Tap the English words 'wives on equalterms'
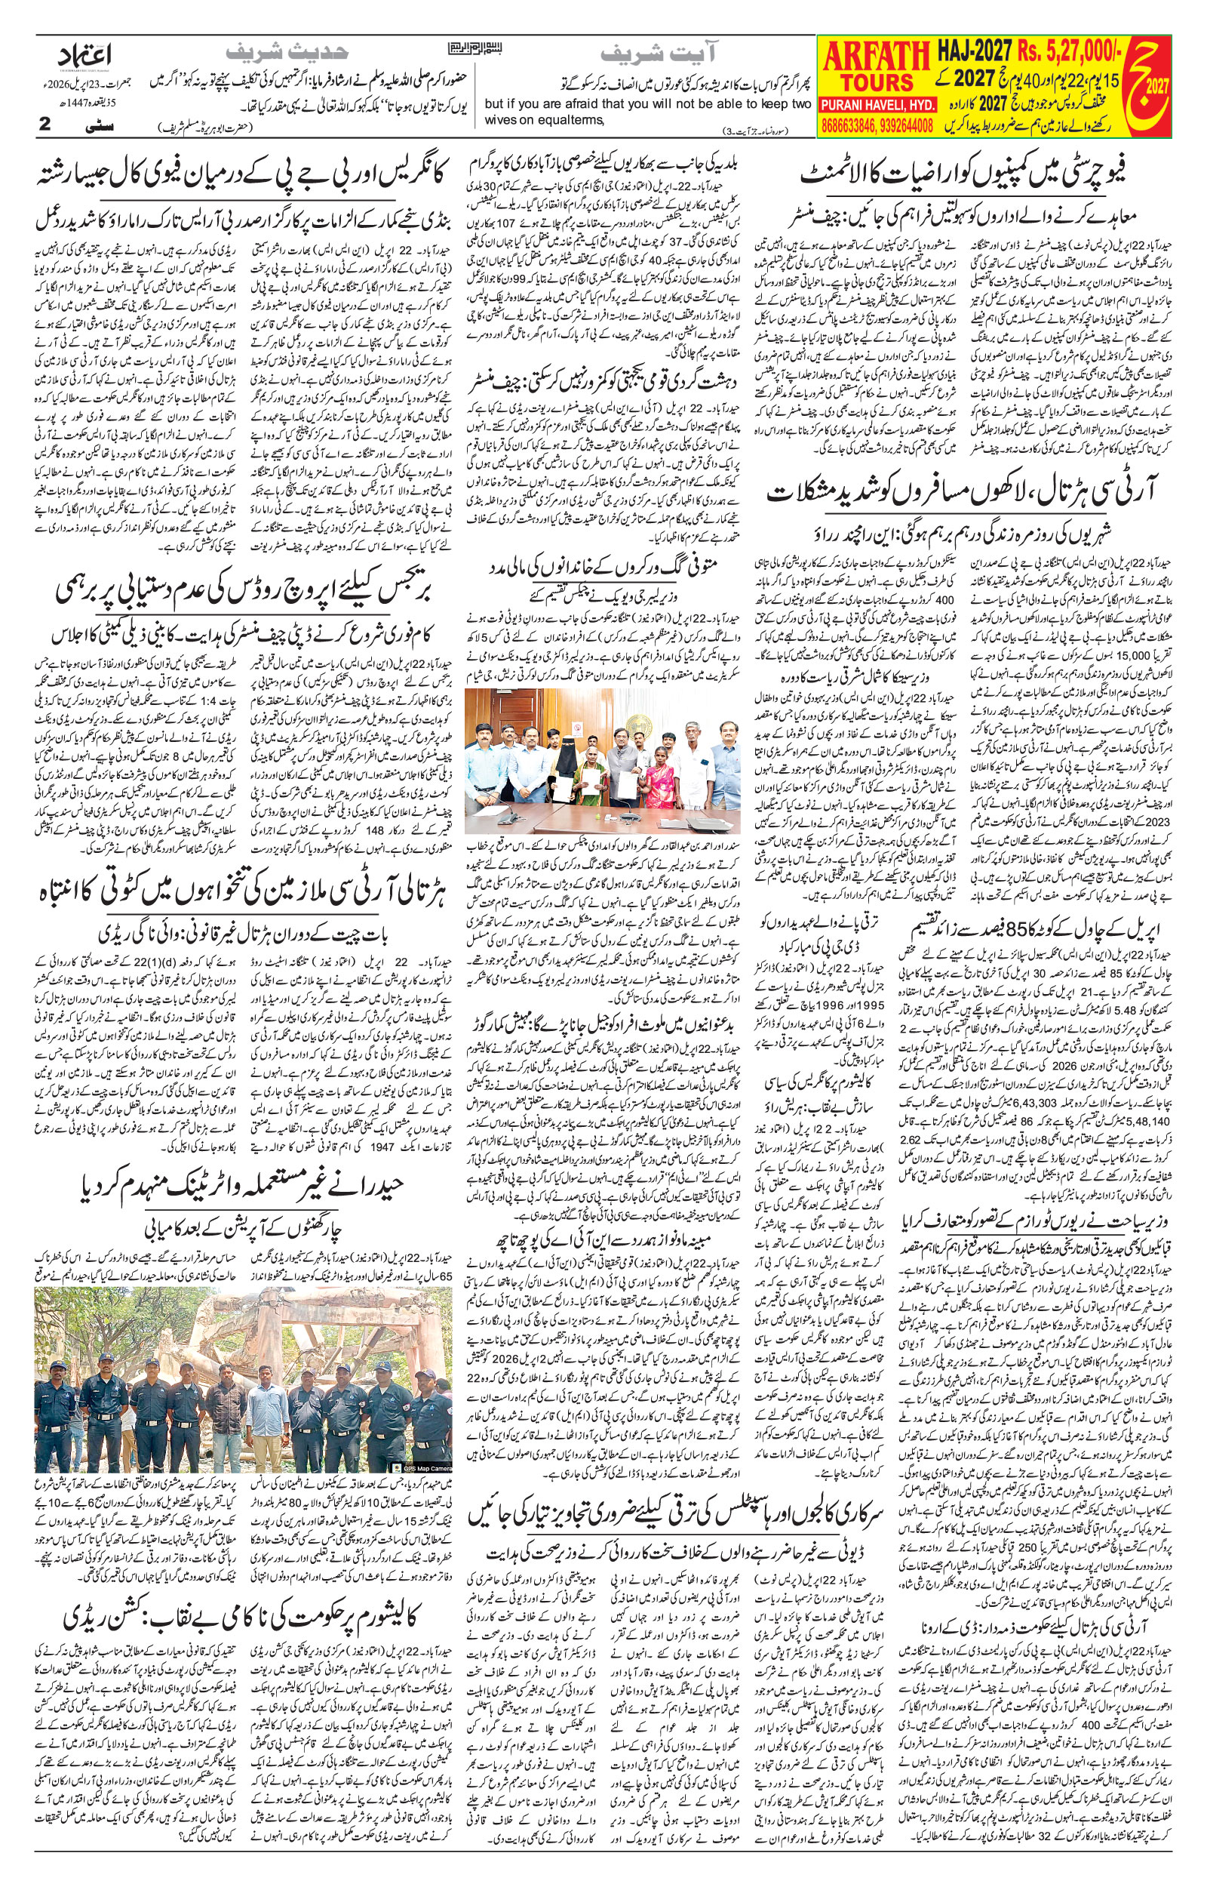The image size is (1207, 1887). coord(545,119)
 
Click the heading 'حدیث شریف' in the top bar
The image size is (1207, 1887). coord(287,53)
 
